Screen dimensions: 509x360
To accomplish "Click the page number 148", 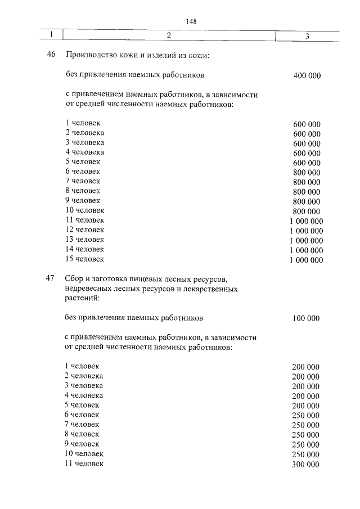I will click(x=190, y=21).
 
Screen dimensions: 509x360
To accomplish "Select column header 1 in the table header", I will click(x=51, y=36).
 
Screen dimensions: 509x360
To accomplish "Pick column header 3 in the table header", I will click(x=307, y=37).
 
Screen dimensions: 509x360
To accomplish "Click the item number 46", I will click(x=51, y=56).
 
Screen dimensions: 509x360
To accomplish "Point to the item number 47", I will click(x=51, y=279).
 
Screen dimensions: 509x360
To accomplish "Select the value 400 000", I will click(x=307, y=75).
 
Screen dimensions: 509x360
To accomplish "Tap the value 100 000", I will click(x=306, y=318).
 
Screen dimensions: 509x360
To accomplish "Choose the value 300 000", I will click(x=306, y=465).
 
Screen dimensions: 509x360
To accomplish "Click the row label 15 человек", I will click(x=84, y=259).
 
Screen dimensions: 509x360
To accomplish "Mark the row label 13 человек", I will click(x=84, y=240).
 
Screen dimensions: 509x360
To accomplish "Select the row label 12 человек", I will click(x=84, y=230).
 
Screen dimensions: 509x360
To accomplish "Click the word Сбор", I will click(x=75, y=279).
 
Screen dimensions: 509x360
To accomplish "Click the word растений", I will click(x=81, y=299).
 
